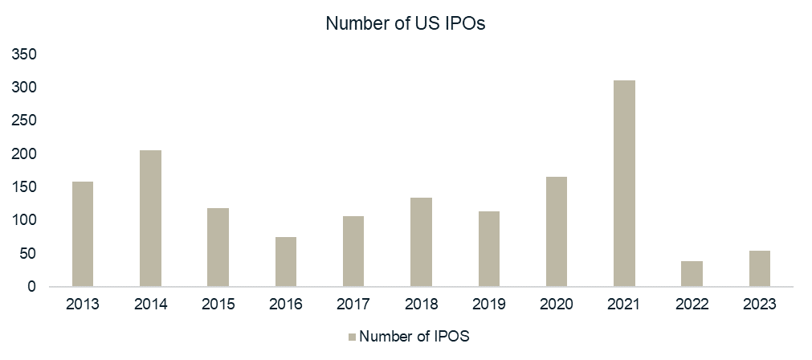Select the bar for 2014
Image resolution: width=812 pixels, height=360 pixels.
click(150, 218)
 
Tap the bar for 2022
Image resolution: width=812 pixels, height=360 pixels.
click(692, 273)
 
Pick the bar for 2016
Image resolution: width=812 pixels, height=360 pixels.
click(286, 261)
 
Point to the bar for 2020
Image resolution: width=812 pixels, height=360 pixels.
click(557, 231)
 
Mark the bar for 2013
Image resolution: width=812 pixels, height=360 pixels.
click(83, 233)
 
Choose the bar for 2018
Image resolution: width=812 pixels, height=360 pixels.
click(421, 242)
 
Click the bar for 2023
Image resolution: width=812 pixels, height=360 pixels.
click(759, 268)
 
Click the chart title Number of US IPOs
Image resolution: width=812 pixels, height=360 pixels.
click(406, 23)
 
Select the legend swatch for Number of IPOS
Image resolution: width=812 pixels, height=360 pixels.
click(351, 337)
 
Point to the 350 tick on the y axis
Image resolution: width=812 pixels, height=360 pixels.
click(26, 55)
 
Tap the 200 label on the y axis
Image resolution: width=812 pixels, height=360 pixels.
click(26, 154)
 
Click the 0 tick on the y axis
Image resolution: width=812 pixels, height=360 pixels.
click(33, 287)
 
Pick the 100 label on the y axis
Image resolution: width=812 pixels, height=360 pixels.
click(26, 220)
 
